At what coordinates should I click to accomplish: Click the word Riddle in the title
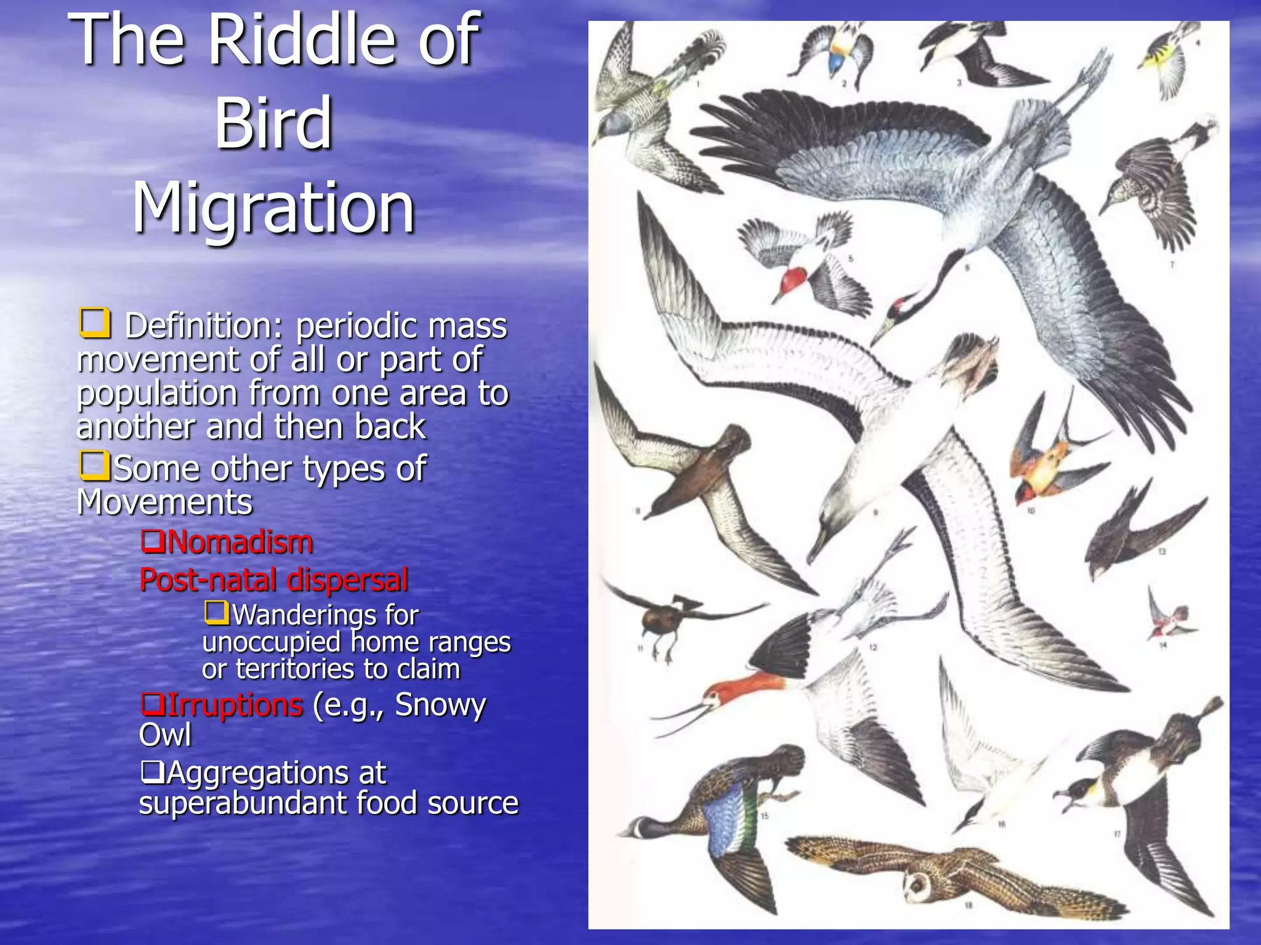pos(302,41)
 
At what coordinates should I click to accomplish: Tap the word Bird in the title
pos(273,124)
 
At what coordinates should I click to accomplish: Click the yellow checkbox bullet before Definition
pos(95,324)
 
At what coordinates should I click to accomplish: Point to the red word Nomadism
pos(240,543)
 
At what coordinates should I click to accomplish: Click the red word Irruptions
pos(235,704)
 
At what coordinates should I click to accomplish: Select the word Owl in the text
pos(165,735)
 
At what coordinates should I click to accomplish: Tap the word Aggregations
pos(276,773)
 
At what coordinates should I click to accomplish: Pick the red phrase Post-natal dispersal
pos(273,580)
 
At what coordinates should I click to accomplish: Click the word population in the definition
pos(158,393)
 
